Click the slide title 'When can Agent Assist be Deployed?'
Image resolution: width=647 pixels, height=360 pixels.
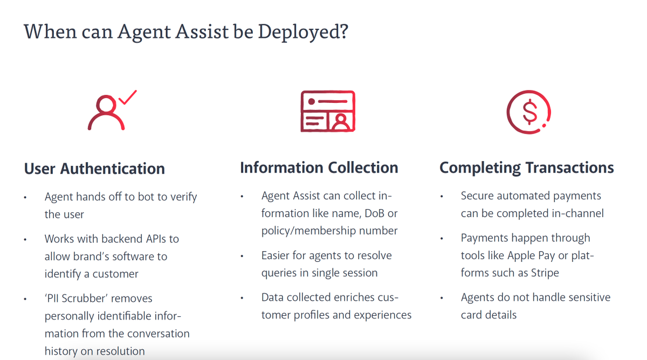pyautogui.click(x=186, y=31)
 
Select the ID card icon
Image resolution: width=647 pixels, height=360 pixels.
pyautogui.click(x=327, y=112)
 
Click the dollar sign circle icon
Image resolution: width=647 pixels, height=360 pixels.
pyautogui.click(x=529, y=112)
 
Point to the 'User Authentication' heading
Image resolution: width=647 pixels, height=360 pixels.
pyautogui.click(x=94, y=169)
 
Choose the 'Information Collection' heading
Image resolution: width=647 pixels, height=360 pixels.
pyautogui.click(x=319, y=168)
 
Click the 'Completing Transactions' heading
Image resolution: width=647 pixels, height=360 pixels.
pyautogui.click(x=526, y=168)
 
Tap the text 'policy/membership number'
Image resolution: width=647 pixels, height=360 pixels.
pyautogui.click(x=329, y=231)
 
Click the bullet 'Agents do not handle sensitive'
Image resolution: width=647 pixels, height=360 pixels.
pyautogui.click(x=535, y=297)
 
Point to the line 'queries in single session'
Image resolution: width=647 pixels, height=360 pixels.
pyautogui.click(x=319, y=273)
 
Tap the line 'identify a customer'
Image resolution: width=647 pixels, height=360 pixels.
pyautogui.click(x=92, y=274)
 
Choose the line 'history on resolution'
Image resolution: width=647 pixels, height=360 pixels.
pyautogui.click(x=94, y=351)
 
